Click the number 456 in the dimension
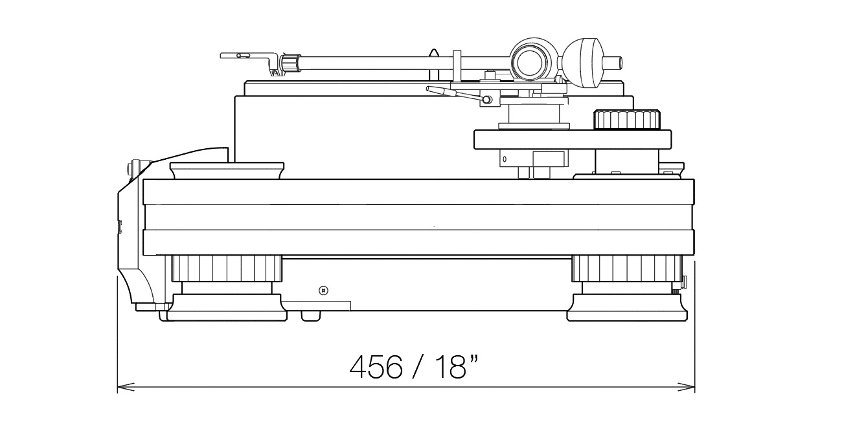[376, 367]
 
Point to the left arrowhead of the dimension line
[126, 387]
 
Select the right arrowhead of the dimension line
[686, 387]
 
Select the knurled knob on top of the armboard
[626, 120]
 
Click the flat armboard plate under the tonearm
[573, 139]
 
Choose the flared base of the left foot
[227, 307]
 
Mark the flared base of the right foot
[627, 307]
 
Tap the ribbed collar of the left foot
[227, 268]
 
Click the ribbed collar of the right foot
[627, 268]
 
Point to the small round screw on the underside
[323, 291]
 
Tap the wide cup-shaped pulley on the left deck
[227, 170]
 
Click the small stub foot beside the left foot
[311, 316]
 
